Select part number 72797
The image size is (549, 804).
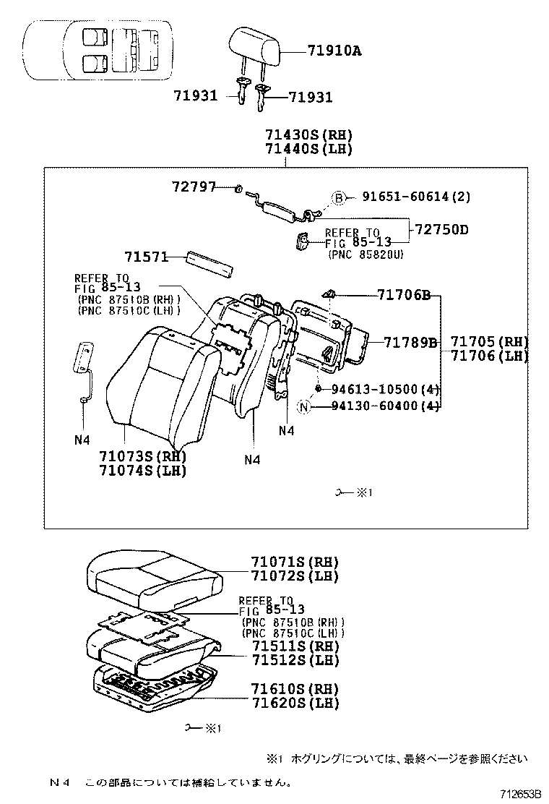(194, 187)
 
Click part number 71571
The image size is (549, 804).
(145, 257)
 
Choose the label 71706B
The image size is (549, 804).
(403, 295)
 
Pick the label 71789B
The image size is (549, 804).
(410, 342)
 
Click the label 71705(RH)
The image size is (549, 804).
(489, 342)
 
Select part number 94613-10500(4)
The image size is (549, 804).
(385, 390)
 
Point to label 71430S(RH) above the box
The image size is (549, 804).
(308, 134)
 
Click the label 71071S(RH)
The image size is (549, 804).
(295, 562)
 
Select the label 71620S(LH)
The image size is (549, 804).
(295, 703)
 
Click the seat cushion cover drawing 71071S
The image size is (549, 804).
(152, 575)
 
